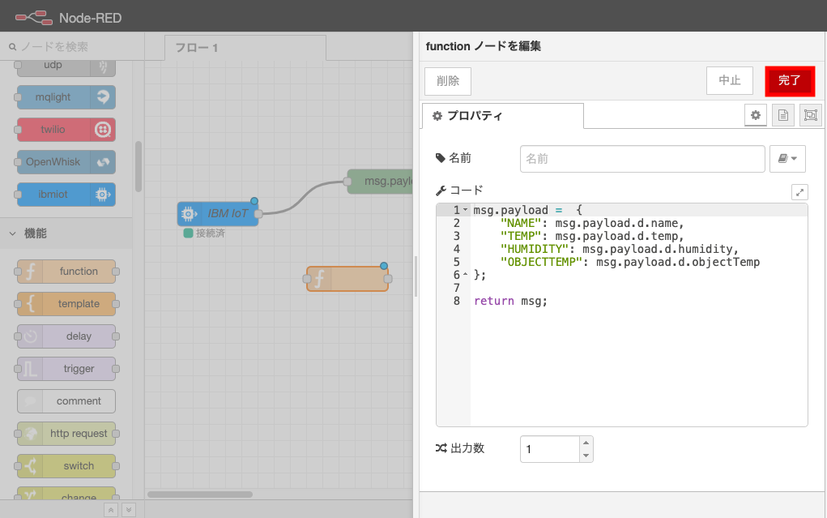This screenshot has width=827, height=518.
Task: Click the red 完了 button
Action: click(x=789, y=80)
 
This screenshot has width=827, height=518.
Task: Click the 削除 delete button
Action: click(x=447, y=81)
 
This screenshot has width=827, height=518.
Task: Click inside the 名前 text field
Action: click(x=642, y=159)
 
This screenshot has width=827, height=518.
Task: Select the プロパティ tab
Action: click(x=502, y=116)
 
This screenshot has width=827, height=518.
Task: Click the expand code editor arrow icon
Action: click(x=799, y=192)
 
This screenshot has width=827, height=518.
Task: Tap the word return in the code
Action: click(x=494, y=301)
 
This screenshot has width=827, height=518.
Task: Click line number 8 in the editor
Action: click(x=457, y=301)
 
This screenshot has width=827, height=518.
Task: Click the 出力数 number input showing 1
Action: click(x=549, y=449)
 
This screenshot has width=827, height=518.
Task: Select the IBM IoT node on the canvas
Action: click(x=218, y=214)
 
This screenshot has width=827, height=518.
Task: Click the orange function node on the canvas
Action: click(x=347, y=279)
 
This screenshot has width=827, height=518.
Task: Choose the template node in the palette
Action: click(x=66, y=304)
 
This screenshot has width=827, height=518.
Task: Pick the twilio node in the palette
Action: click(x=66, y=130)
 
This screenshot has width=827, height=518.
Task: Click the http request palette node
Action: click(x=66, y=434)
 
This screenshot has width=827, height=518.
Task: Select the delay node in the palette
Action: click(x=66, y=336)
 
